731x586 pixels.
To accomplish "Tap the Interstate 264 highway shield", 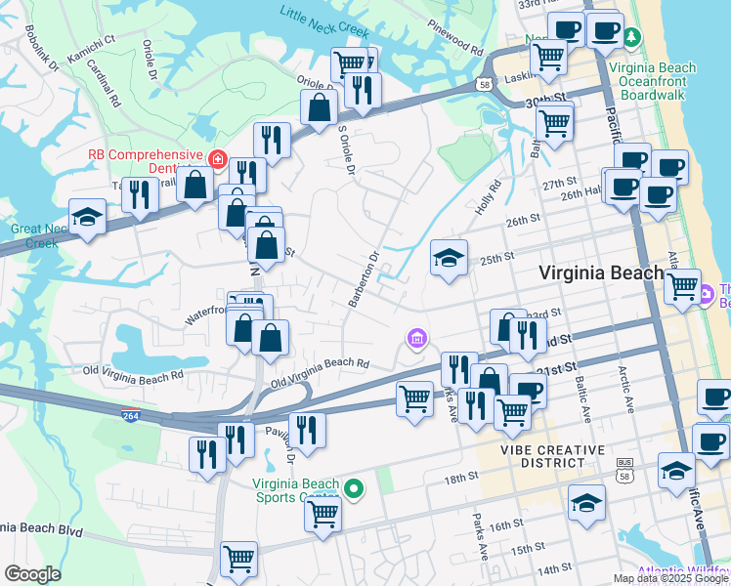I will [130, 415].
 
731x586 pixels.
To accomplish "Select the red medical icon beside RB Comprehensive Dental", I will [217, 158].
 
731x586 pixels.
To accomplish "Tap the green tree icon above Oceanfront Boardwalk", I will [632, 38].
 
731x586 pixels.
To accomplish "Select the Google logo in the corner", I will [32, 573].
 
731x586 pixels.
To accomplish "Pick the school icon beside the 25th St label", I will [449, 258].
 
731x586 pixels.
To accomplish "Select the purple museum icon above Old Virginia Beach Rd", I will [416, 339].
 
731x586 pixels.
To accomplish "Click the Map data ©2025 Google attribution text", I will [670, 578].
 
